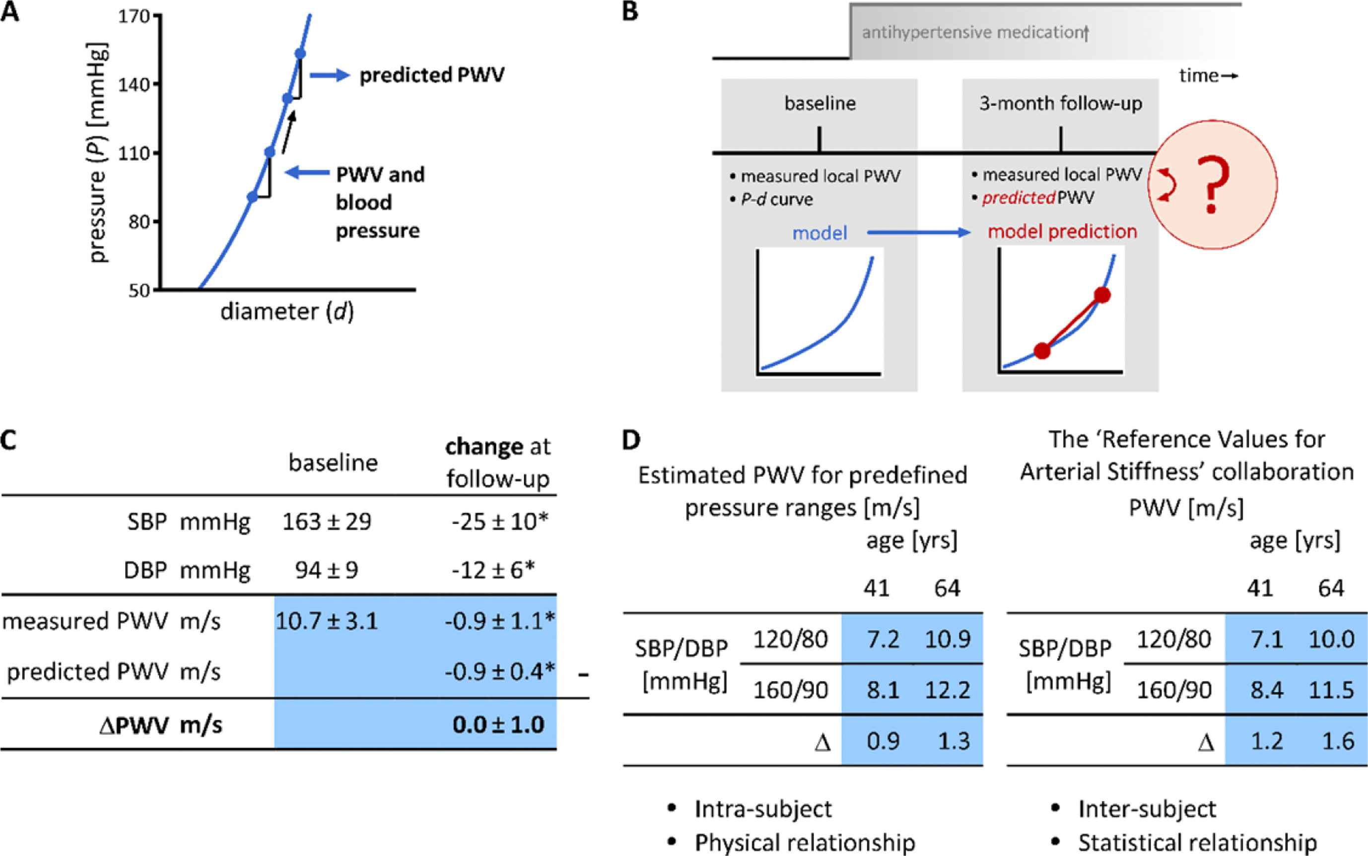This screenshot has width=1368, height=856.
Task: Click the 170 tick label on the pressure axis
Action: [x=134, y=16]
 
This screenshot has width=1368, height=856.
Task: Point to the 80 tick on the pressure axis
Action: [x=138, y=221]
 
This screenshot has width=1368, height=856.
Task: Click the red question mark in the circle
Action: [x=1211, y=185]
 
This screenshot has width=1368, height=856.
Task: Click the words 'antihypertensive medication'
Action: [x=973, y=33]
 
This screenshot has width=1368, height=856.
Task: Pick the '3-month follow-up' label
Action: [x=1061, y=104]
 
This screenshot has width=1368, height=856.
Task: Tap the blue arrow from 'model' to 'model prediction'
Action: [x=918, y=232]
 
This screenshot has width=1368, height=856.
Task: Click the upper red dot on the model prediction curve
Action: [x=1102, y=295]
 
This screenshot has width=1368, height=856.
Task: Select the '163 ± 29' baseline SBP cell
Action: [x=327, y=522]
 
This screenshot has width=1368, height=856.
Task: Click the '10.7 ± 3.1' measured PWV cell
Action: [x=327, y=621]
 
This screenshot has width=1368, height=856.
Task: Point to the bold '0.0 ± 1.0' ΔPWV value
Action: [x=498, y=724]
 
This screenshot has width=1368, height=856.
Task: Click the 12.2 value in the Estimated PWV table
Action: [x=947, y=690]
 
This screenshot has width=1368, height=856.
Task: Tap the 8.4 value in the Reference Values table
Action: [x=1267, y=690]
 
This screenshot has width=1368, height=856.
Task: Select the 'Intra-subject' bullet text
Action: [x=763, y=809]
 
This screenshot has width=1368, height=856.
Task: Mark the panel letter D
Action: [x=631, y=440]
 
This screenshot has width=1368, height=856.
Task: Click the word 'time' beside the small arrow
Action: [x=1199, y=76]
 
